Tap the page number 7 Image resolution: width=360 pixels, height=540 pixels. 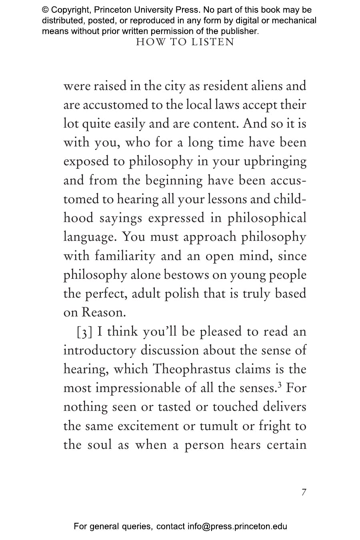pyautogui.click(x=304, y=492)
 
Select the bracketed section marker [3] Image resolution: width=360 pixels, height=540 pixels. pyautogui.click(x=85, y=332)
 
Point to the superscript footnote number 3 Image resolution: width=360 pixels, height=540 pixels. pyautogui.click(x=280, y=385)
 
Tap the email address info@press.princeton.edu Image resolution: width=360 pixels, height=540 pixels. pyautogui.click(x=237, y=526)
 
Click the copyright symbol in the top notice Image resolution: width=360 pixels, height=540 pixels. pyautogui.click(x=45, y=10)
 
